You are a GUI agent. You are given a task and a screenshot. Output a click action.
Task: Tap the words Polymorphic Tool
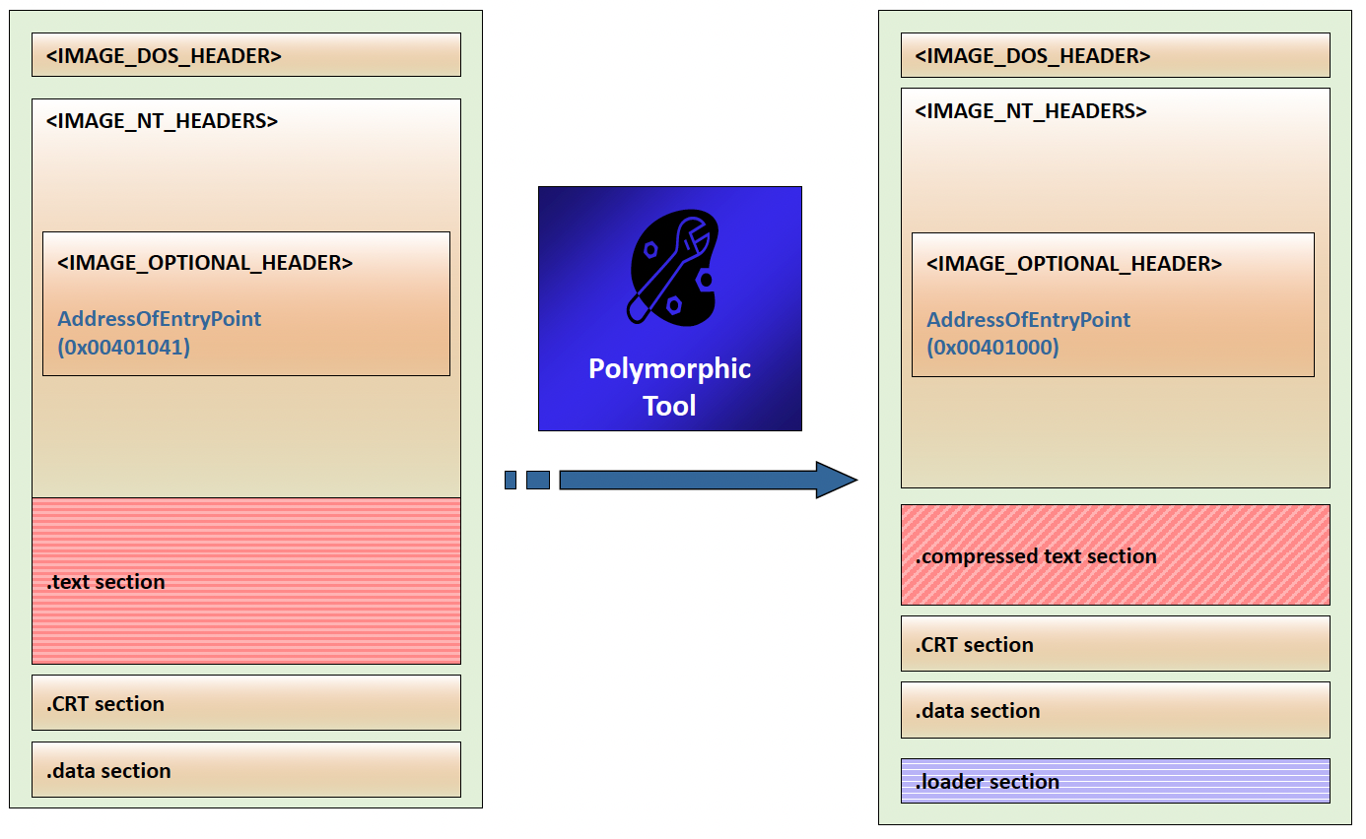[x=669, y=386]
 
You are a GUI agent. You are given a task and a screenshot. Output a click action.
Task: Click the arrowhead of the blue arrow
[x=837, y=480]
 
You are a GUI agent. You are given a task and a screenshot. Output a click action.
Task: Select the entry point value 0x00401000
[x=992, y=347]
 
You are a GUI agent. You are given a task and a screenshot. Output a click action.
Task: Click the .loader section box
[x=1115, y=781]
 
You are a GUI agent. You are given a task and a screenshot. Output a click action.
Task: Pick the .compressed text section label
[x=1036, y=556]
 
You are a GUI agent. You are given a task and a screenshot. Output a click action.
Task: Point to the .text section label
[x=105, y=582]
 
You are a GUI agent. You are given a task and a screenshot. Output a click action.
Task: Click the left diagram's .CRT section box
[x=245, y=703]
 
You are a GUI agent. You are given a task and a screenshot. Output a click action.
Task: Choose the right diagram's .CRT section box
[x=1115, y=644]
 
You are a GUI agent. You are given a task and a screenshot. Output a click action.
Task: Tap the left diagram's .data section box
[x=245, y=770]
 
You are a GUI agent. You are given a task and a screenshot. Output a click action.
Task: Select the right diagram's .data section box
[x=1115, y=710]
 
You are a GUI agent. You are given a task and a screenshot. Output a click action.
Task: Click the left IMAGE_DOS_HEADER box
[x=245, y=55]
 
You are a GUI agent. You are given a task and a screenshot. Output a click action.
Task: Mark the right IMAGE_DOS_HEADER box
[x=1115, y=55]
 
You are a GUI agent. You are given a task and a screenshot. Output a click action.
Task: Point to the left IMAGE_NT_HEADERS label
[x=162, y=121]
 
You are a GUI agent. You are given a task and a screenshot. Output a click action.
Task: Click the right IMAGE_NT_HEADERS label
[x=1031, y=111]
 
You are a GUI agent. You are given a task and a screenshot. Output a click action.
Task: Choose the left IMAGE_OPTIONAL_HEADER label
[x=205, y=263]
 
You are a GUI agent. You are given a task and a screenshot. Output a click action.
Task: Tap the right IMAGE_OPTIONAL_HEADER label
[x=1074, y=264]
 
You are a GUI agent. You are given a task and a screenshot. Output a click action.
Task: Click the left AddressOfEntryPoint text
[x=160, y=319]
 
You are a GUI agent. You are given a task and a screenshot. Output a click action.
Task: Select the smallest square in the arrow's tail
[x=511, y=480]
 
